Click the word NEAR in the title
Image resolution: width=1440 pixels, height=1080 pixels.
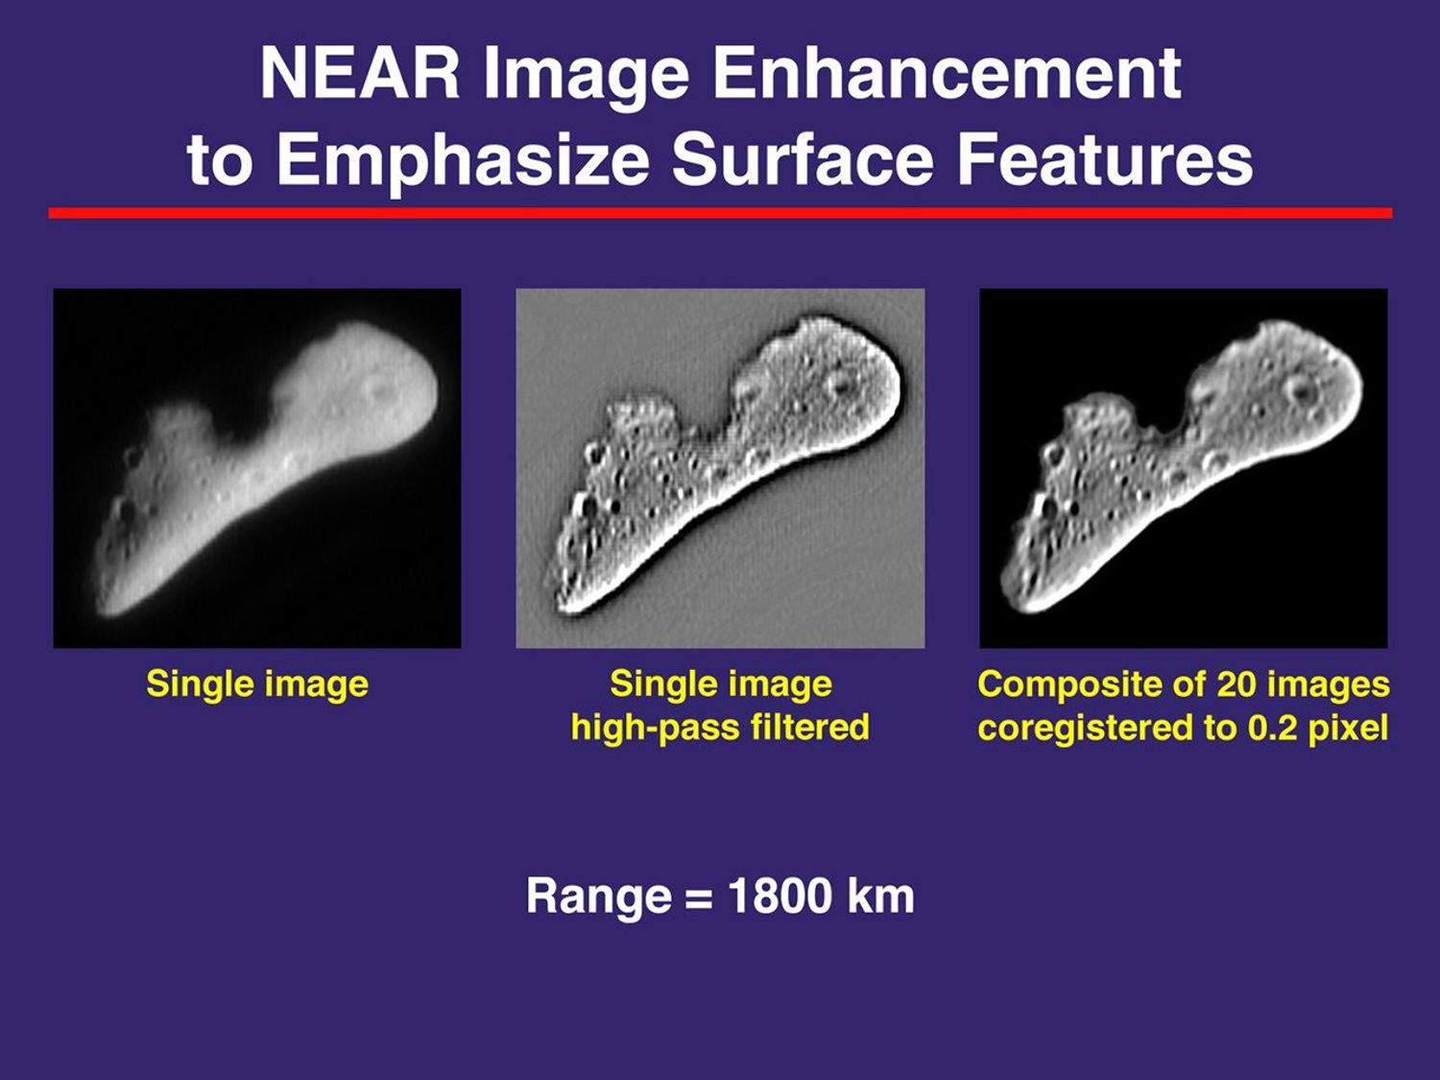[x=361, y=74]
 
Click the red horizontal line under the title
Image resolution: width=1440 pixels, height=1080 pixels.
[x=720, y=213]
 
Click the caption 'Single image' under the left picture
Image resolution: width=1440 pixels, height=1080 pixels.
[x=257, y=684]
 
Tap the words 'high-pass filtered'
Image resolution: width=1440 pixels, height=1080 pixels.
[x=720, y=728]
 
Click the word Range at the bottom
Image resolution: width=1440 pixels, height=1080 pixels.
[x=599, y=897]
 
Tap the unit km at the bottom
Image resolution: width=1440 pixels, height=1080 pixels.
[x=880, y=897]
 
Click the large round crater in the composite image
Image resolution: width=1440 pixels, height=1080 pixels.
[x=1303, y=391]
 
